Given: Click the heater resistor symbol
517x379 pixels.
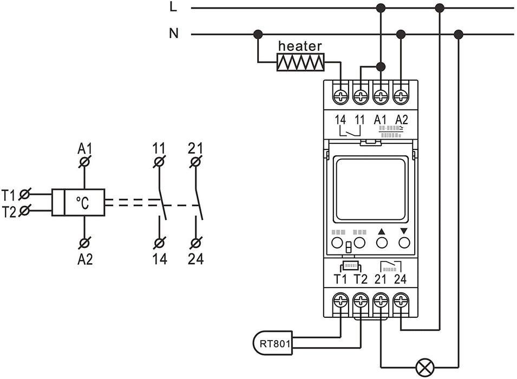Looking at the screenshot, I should coord(300,62).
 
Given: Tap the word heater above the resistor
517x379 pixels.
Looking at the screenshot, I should coord(300,47).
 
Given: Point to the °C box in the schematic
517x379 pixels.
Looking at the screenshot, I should coord(84,203).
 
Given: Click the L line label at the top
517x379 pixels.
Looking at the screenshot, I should coord(173,8).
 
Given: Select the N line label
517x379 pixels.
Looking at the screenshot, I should coord(173,34).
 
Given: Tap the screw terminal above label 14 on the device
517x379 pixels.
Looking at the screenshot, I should coord(341,96).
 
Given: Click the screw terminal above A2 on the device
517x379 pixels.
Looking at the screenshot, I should coord(401,96).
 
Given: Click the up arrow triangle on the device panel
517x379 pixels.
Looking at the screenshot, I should coord(382,231).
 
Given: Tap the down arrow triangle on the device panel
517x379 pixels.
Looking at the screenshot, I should coord(403,231).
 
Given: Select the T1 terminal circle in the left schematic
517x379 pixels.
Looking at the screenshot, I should coord(24,193).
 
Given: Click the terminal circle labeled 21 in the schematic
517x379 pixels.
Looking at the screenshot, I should coord(196,161).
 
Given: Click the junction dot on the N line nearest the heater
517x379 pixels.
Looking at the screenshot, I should coord(258,35).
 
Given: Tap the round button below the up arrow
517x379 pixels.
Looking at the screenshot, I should coord(382,242).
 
